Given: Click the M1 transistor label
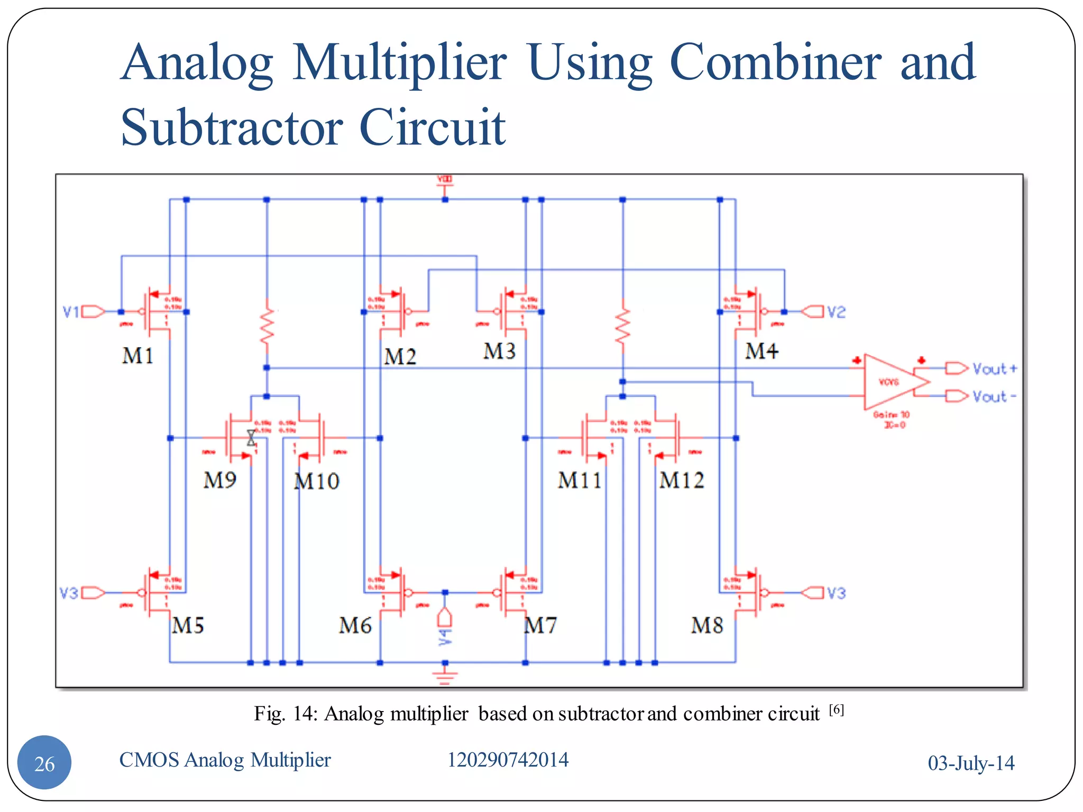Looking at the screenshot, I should pos(137,356).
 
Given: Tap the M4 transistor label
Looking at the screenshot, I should pos(761,351).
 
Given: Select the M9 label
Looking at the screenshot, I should pos(219,480).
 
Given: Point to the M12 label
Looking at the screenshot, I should pos(682,480).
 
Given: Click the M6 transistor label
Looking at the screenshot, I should pos(355,626).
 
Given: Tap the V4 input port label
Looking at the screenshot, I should pos(445,636).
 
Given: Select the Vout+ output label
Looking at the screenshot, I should pos(994,368).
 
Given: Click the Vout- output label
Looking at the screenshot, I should pos(994,396).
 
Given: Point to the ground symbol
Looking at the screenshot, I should pos(445,677).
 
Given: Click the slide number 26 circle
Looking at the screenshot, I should pos(44,763).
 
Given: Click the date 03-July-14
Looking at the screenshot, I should pos(971,763).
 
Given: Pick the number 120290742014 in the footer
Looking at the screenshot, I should pos(508,760).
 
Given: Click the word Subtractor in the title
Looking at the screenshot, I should pos(232,127).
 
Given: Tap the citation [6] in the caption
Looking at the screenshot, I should pos(836,709).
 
